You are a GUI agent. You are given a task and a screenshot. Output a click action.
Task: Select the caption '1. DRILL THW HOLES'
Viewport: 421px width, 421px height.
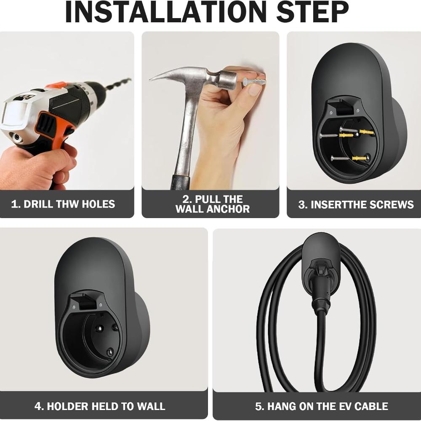pos(63,204)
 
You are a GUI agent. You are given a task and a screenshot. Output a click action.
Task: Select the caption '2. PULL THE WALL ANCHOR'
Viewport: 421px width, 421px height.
pos(213,204)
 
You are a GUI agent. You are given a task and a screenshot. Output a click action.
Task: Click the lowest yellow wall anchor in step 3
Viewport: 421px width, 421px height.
pos(359,158)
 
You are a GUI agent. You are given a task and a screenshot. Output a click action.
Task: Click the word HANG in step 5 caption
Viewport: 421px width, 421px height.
pos(283,406)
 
